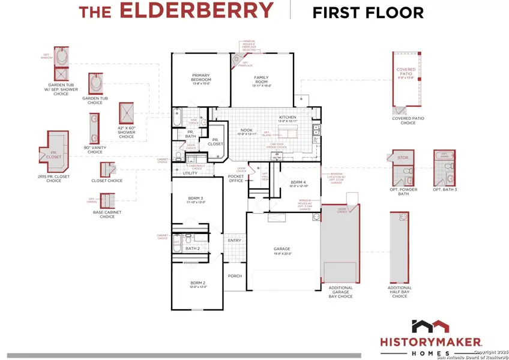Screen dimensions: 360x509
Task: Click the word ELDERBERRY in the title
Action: [x=196, y=11]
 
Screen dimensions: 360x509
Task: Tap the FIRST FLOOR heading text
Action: [x=368, y=12]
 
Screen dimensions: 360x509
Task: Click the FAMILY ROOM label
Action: [x=262, y=79]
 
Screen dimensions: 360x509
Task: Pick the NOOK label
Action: [x=246, y=130]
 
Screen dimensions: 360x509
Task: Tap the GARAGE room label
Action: [x=282, y=249]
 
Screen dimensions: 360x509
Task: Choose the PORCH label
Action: [x=234, y=276]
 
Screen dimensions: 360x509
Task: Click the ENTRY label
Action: [x=234, y=241]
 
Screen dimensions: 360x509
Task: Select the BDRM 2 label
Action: [x=198, y=283]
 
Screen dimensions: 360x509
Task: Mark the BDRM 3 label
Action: [x=195, y=198]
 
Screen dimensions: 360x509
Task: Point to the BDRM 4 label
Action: [x=298, y=182]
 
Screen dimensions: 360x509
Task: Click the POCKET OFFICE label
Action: [x=236, y=178]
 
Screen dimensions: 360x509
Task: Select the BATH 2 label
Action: [x=193, y=248]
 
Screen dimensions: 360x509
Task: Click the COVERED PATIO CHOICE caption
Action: [x=408, y=121]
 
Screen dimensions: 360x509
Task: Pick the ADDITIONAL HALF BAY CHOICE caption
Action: [x=400, y=292]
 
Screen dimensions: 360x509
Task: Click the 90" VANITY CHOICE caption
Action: [x=95, y=150]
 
